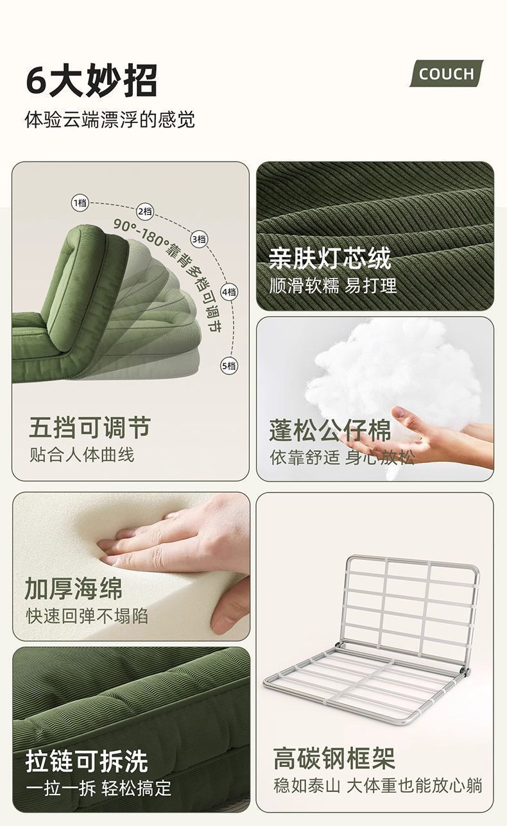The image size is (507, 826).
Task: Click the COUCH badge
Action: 447,74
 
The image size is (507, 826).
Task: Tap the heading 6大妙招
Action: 92,80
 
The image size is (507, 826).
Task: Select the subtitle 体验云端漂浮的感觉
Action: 110,119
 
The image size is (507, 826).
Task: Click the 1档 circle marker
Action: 80,203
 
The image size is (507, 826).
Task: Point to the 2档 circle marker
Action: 145,212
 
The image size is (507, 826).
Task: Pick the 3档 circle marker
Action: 199,239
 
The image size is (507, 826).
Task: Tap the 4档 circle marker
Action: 229,292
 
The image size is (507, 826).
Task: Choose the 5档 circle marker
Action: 229,366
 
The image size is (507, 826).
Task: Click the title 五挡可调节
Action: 90,428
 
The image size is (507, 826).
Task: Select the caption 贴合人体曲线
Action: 82,455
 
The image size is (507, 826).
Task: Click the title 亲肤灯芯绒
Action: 329,258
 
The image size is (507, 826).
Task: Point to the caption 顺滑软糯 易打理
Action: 333,285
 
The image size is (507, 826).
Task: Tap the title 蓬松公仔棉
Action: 330,430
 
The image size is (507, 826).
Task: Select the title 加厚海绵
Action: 73,589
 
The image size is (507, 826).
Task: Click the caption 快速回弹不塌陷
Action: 87,616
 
